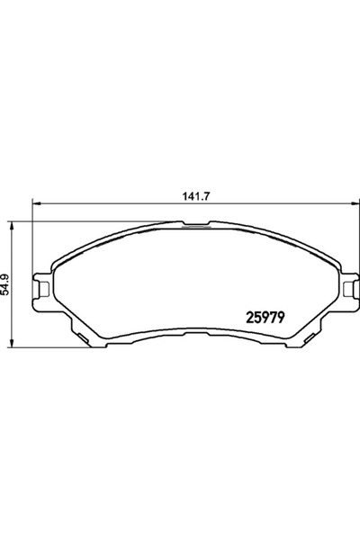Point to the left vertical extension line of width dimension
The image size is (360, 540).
pos(32,234)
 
